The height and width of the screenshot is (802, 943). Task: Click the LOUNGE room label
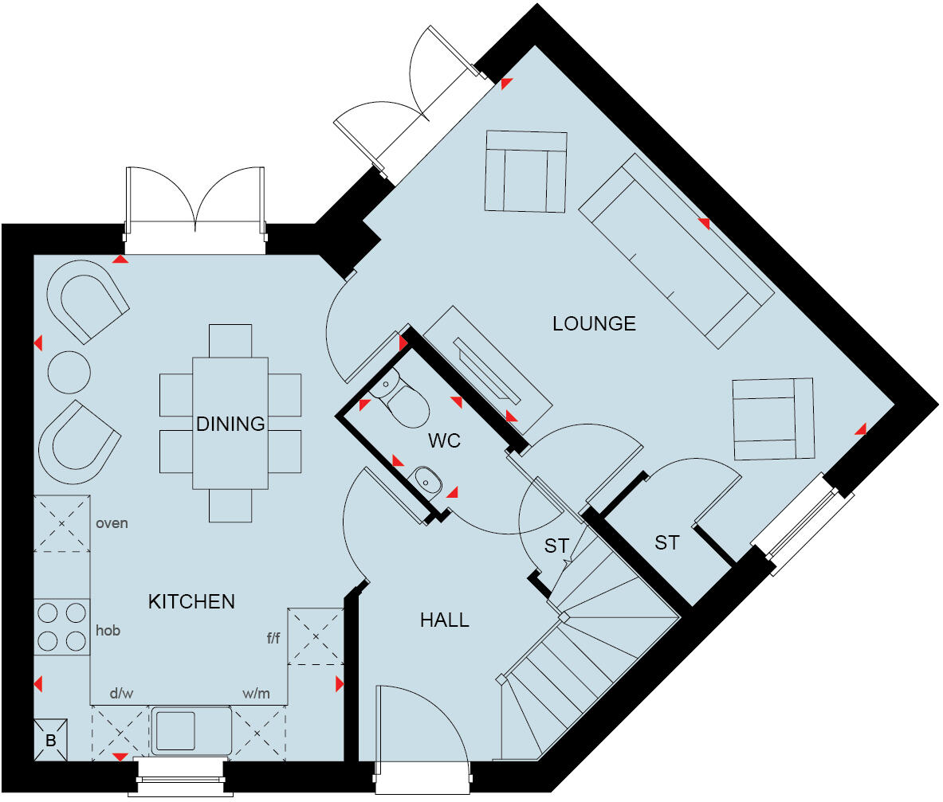click(594, 323)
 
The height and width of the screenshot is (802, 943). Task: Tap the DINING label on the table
click(230, 424)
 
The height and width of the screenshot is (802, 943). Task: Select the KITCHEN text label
click(191, 601)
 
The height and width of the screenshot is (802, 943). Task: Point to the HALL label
click(444, 620)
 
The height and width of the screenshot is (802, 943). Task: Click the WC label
click(444, 440)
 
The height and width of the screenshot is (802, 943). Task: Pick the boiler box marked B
click(50, 741)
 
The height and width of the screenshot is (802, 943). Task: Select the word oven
click(112, 524)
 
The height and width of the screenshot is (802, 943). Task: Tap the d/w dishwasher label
click(121, 693)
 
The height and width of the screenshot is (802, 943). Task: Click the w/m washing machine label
click(256, 693)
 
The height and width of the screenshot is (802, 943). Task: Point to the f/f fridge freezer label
click(273, 637)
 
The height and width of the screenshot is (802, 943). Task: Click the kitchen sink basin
click(175, 730)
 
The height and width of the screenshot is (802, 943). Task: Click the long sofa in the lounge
click(675, 250)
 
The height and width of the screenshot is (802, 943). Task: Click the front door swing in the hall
click(422, 725)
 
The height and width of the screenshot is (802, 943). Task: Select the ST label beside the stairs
click(556, 546)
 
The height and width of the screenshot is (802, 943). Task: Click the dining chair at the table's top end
click(230, 340)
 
